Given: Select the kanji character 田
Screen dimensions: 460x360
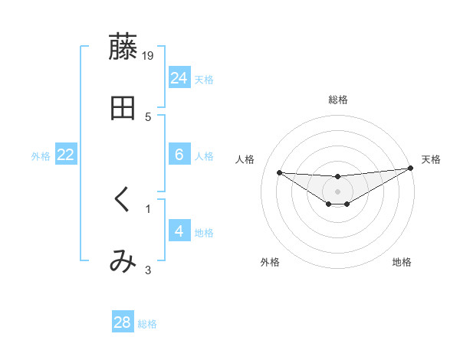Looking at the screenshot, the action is click(x=123, y=108).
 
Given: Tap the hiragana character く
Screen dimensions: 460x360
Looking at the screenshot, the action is click(x=123, y=200).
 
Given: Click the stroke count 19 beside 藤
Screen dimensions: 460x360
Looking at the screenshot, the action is click(x=148, y=55).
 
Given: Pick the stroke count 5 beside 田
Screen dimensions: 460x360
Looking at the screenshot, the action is click(x=148, y=116).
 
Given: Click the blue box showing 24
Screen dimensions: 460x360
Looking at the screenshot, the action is click(x=179, y=77).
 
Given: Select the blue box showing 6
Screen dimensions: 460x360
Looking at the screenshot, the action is click(x=179, y=155).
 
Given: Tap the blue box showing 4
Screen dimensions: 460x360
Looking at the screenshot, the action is click(x=179, y=231).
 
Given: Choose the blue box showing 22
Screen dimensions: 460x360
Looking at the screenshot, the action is click(x=65, y=155).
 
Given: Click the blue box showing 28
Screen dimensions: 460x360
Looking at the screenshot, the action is click(x=123, y=322).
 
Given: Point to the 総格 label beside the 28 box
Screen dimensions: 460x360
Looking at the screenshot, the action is click(x=148, y=324).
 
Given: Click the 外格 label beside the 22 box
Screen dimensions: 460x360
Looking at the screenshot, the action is click(x=41, y=156).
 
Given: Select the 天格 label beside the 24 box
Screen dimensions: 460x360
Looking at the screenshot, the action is click(x=204, y=79).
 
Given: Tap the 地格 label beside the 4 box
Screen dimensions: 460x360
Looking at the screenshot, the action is click(x=204, y=232).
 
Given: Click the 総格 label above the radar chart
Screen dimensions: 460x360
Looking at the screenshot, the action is click(x=337, y=100).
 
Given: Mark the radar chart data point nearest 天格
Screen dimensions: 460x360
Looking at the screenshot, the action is click(x=411, y=169).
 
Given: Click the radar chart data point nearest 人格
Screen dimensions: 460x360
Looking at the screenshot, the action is click(x=279, y=172).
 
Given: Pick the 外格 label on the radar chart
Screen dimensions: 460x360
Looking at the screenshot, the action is click(x=270, y=262).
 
